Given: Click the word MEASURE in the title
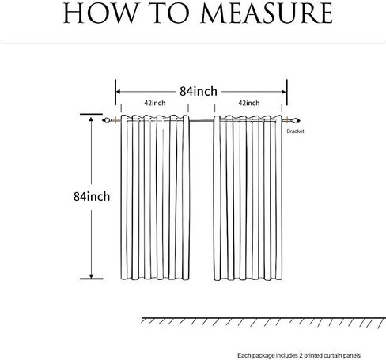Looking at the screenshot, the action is pyautogui.click(x=267, y=13).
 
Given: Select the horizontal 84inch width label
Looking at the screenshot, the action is pyautogui.click(x=199, y=91).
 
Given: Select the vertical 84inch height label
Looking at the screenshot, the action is pyautogui.click(x=92, y=197).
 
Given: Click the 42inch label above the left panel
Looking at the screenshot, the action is pyautogui.click(x=155, y=103).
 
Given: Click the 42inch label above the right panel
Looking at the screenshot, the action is pyautogui.click(x=249, y=103).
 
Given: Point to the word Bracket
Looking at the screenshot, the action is pyautogui.click(x=295, y=131).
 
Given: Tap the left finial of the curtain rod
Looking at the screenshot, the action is pyautogui.click(x=106, y=120).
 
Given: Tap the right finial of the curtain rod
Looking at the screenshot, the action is pyautogui.click(x=296, y=120).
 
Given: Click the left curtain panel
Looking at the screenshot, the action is pyautogui.click(x=155, y=197).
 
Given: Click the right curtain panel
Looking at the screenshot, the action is pyautogui.click(x=248, y=198).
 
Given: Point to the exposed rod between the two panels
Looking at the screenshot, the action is pyautogui.click(x=202, y=120).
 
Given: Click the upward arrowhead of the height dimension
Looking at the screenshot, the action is pyautogui.click(x=91, y=119).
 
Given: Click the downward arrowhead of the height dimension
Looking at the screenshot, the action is pyautogui.click(x=91, y=276).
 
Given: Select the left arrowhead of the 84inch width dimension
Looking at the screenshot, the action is pyautogui.click(x=119, y=92).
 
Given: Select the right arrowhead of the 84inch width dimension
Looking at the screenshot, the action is pyautogui.click(x=284, y=92).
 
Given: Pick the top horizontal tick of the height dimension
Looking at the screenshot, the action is pyautogui.click(x=91, y=114).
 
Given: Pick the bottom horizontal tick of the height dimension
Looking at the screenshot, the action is pyautogui.click(x=91, y=279).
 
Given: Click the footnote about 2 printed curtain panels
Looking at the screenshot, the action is pyautogui.click(x=299, y=355).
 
